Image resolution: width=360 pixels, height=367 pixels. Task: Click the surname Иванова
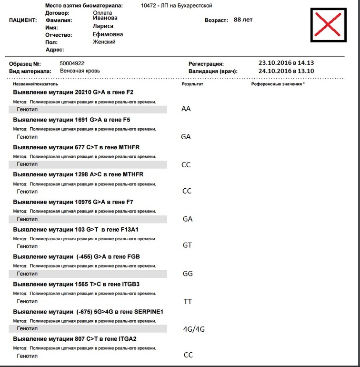tap(105, 18)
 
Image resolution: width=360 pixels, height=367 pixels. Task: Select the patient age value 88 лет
tap(243, 20)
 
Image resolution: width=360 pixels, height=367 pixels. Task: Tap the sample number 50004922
tap(72, 63)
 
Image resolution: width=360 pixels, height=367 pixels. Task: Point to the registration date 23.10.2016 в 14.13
tap(286, 62)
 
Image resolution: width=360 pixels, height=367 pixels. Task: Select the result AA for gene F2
tap(186, 109)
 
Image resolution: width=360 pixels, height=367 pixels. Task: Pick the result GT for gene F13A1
tap(187, 245)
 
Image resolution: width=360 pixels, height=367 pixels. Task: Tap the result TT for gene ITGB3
tap(188, 302)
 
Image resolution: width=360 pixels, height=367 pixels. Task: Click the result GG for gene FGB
tap(188, 274)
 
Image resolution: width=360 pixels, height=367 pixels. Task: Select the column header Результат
tap(192, 84)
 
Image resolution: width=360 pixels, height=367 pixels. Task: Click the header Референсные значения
tap(278, 84)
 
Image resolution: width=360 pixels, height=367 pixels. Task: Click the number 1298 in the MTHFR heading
tap(82, 174)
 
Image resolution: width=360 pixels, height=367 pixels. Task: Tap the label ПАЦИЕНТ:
tap(23, 21)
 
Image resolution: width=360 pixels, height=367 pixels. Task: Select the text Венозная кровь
tap(80, 71)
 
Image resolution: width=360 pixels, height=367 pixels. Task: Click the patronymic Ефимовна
tap(108, 34)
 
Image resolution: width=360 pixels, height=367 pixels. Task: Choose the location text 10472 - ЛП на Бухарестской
tap(177, 6)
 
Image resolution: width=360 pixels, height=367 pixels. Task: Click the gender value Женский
tap(104, 42)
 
